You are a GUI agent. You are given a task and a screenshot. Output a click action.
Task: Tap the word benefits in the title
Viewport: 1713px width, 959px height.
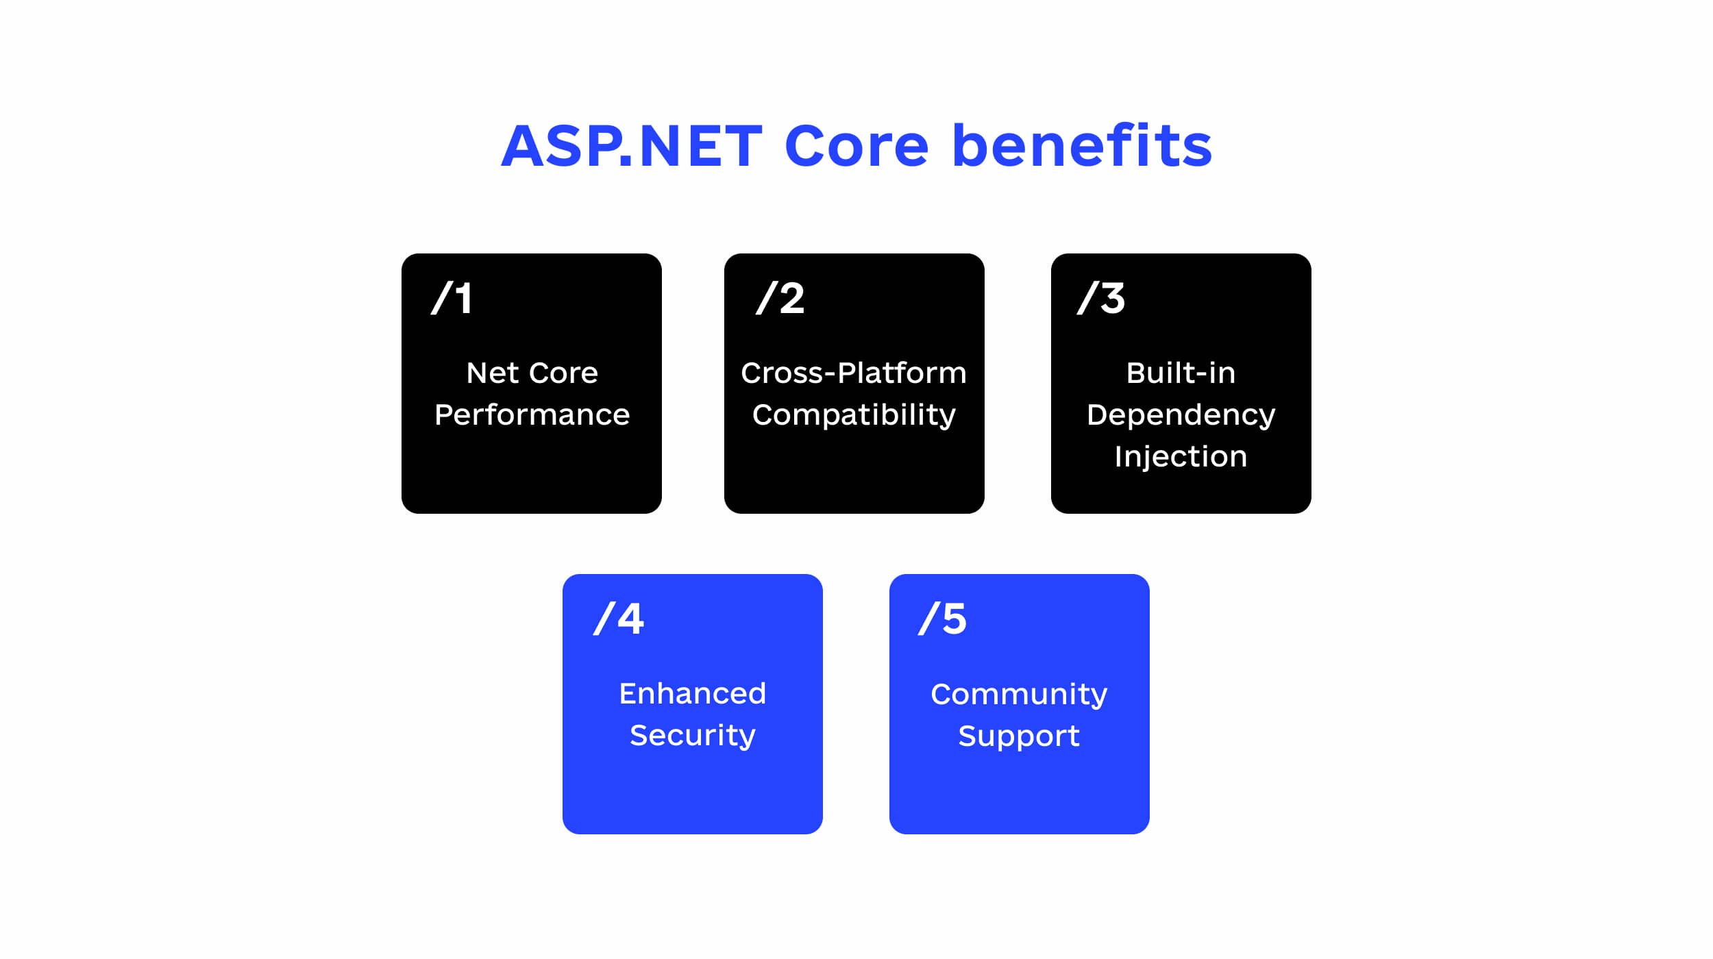(x=1083, y=145)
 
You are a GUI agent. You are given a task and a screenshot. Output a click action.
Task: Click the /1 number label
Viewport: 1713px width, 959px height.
(x=452, y=298)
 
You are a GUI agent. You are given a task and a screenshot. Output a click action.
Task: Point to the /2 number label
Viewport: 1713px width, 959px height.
(x=780, y=298)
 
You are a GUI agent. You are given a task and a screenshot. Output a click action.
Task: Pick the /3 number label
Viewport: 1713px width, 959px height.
(x=1101, y=298)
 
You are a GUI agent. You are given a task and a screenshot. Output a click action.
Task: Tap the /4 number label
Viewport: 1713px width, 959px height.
(x=619, y=619)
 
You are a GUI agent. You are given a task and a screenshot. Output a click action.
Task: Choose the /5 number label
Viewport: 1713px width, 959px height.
(x=943, y=619)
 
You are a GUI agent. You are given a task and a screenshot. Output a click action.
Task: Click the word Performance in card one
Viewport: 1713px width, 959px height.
(x=532, y=415)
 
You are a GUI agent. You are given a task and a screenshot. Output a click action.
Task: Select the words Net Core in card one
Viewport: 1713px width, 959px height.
(x=532, y=373)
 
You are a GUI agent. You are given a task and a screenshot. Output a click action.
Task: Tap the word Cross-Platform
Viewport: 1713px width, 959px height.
(x=854, y=373)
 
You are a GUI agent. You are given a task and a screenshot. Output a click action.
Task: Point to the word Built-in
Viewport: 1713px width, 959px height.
(x=1181, y=373)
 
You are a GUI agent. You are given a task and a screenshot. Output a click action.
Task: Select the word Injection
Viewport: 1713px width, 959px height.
(x=1181, y=457)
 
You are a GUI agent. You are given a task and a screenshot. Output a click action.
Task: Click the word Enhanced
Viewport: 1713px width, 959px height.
(x=693, y=694)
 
